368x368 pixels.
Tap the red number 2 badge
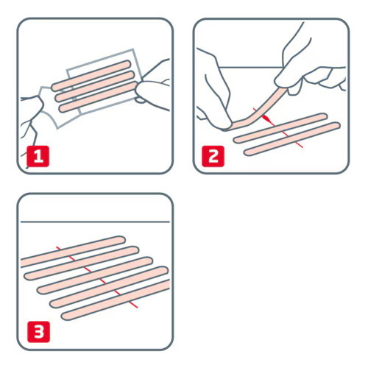[x=210, y=157]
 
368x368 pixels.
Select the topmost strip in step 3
[x=74, y=250]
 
